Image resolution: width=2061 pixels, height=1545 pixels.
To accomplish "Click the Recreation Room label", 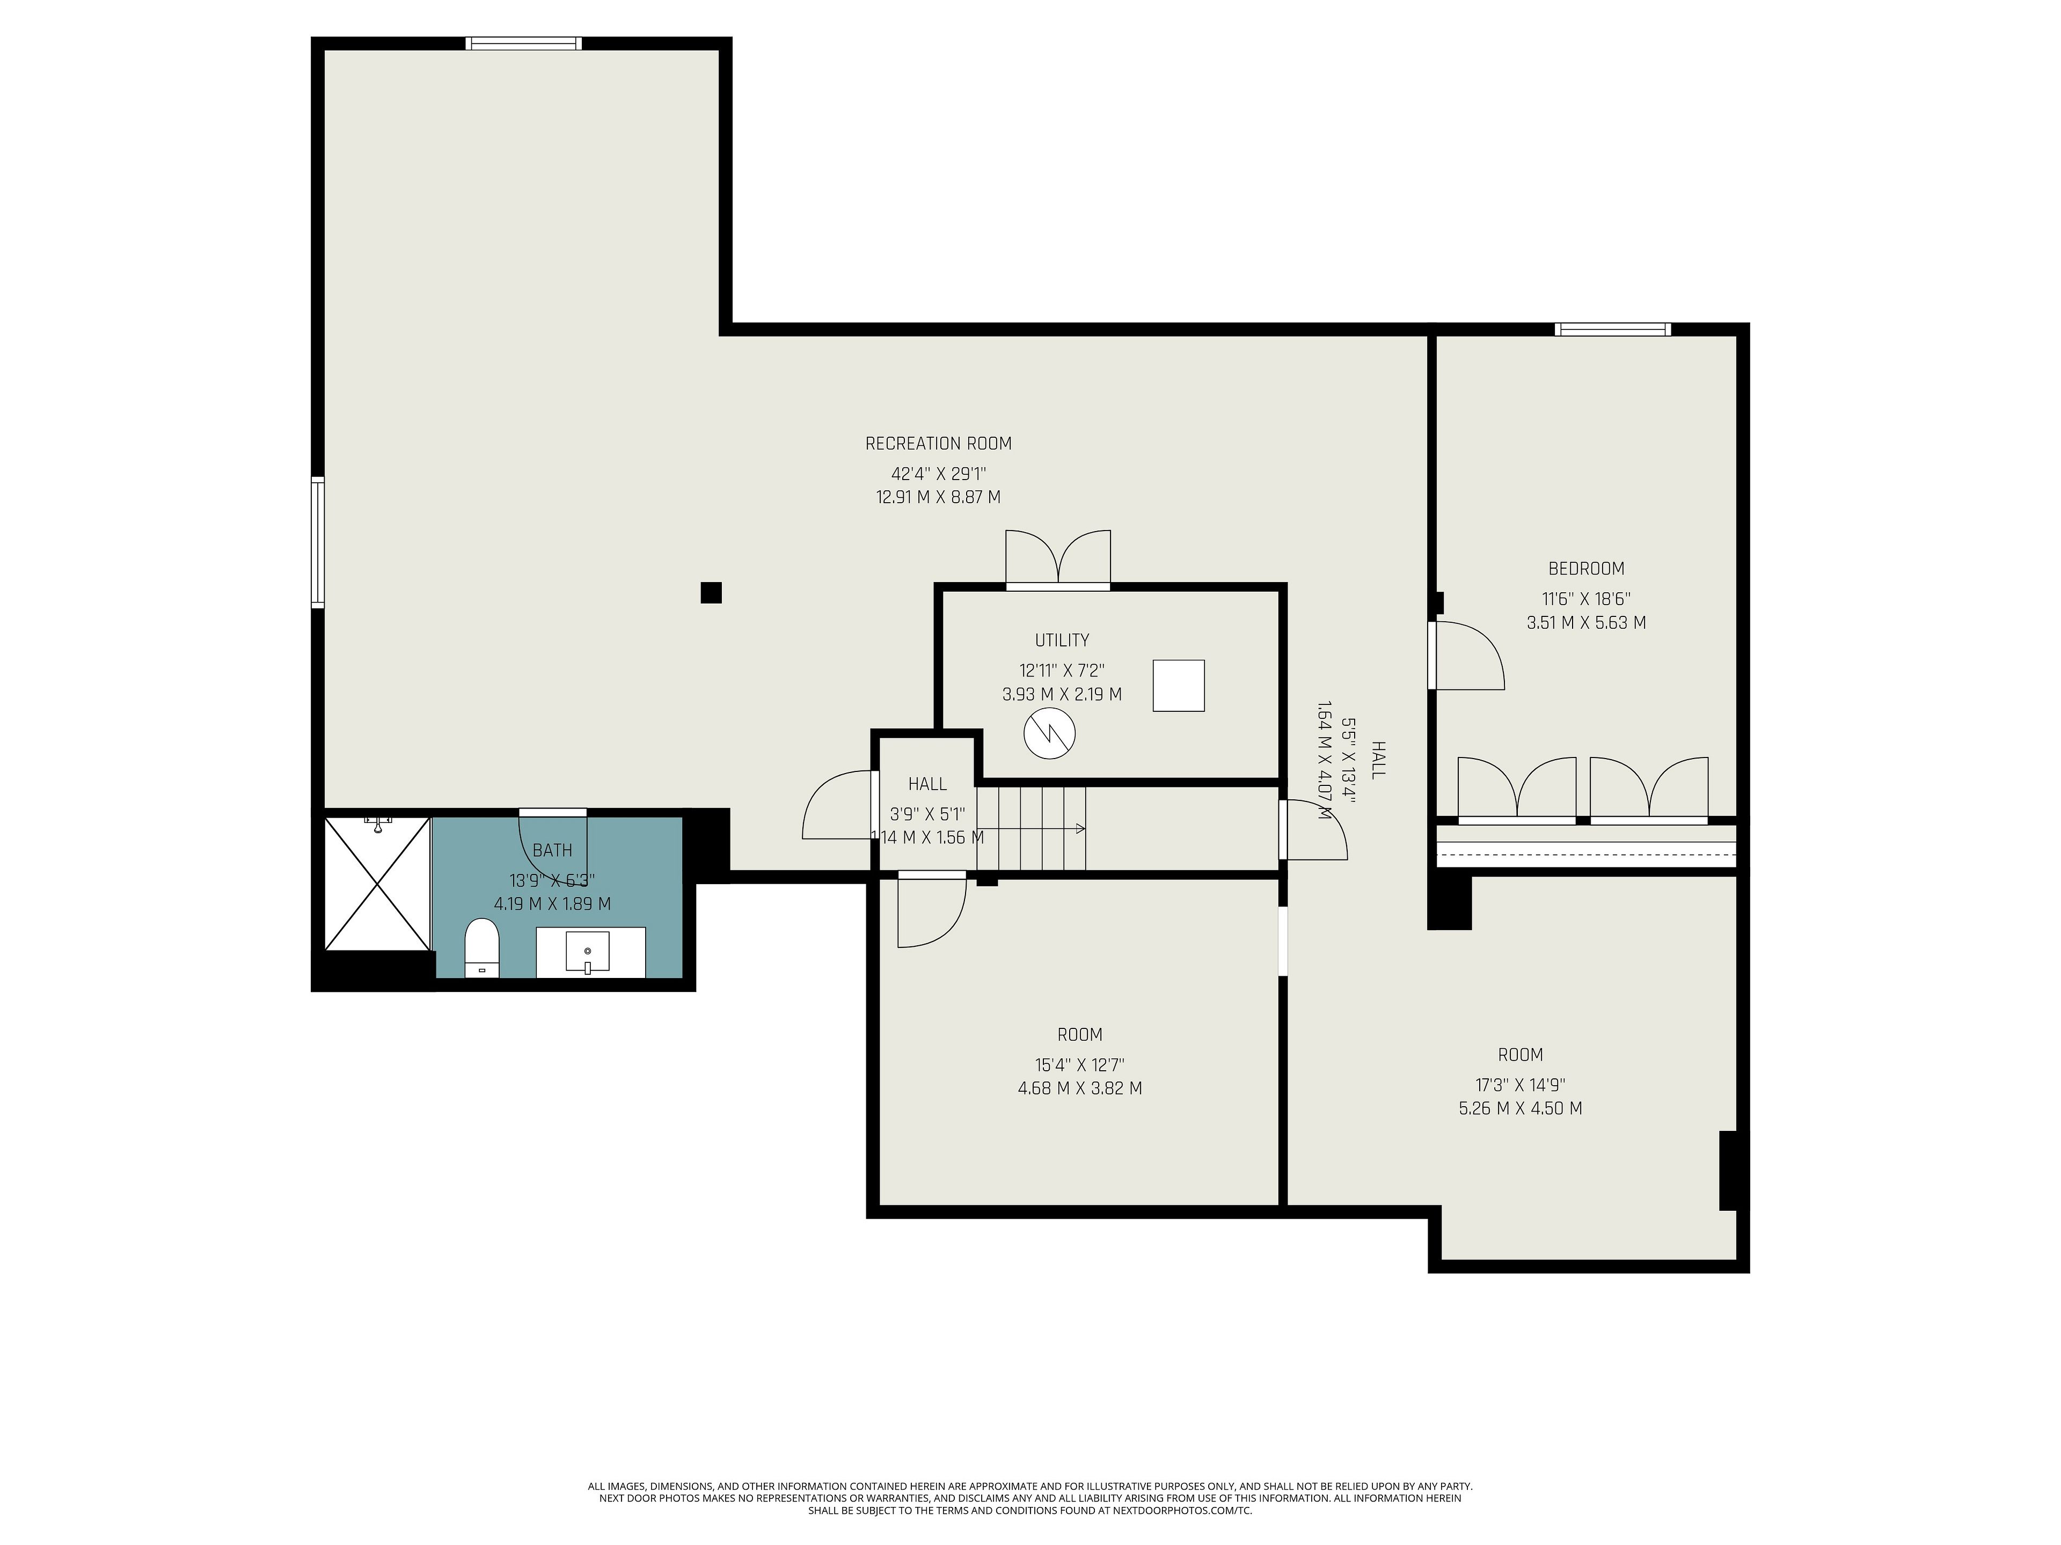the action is coord(938,443).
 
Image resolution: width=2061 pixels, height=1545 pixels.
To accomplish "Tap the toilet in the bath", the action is coord(482,948).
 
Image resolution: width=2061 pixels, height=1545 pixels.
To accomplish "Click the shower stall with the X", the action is coord(376,883).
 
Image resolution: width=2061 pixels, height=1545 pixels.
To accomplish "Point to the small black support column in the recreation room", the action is coord(711,592).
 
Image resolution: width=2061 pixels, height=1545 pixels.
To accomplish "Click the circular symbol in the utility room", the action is coord(1049,733).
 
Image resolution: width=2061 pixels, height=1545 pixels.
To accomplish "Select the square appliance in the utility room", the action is coord(1179,686).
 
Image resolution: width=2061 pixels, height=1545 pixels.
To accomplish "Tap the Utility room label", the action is coord(1062,640).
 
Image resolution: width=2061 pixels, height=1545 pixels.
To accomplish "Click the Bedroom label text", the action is coord(1586,568).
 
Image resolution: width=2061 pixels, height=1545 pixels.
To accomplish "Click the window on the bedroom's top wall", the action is coord(1613,329).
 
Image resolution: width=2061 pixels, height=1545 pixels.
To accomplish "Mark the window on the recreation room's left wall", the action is coord(318,542).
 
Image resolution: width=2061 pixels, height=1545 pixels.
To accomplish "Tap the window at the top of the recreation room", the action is coord(524,43).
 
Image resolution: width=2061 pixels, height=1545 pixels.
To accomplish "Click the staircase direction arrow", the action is coord(1030,828).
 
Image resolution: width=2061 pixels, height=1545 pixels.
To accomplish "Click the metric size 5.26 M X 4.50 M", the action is coord(1519,1108).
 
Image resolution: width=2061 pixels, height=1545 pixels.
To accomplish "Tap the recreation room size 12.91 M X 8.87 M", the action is coord(938,497).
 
